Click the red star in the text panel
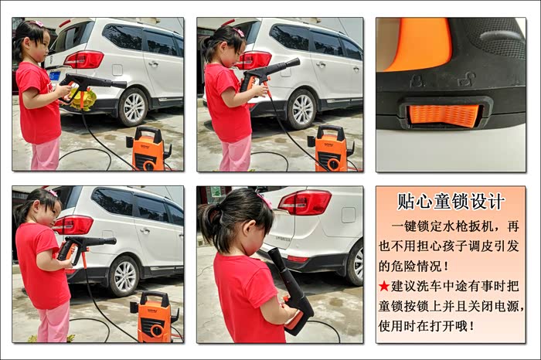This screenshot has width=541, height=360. click(383, 286)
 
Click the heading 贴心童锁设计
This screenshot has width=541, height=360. click(451, 202)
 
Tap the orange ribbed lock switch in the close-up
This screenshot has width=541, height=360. click(444, 114)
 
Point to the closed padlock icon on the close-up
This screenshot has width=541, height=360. click(417, 81)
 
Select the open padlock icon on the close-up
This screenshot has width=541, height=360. click(467, 80)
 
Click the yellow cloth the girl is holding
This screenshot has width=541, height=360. click(82, 99)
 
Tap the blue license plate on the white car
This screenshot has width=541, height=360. click(55, 76)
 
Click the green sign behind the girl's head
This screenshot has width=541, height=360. click(216, 192)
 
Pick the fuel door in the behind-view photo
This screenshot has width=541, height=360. click(348, 216)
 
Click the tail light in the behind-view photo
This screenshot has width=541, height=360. click(305, 202)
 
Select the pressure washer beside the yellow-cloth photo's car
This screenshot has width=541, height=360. click(149, 148)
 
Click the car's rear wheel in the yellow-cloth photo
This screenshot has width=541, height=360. click(134, 107)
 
